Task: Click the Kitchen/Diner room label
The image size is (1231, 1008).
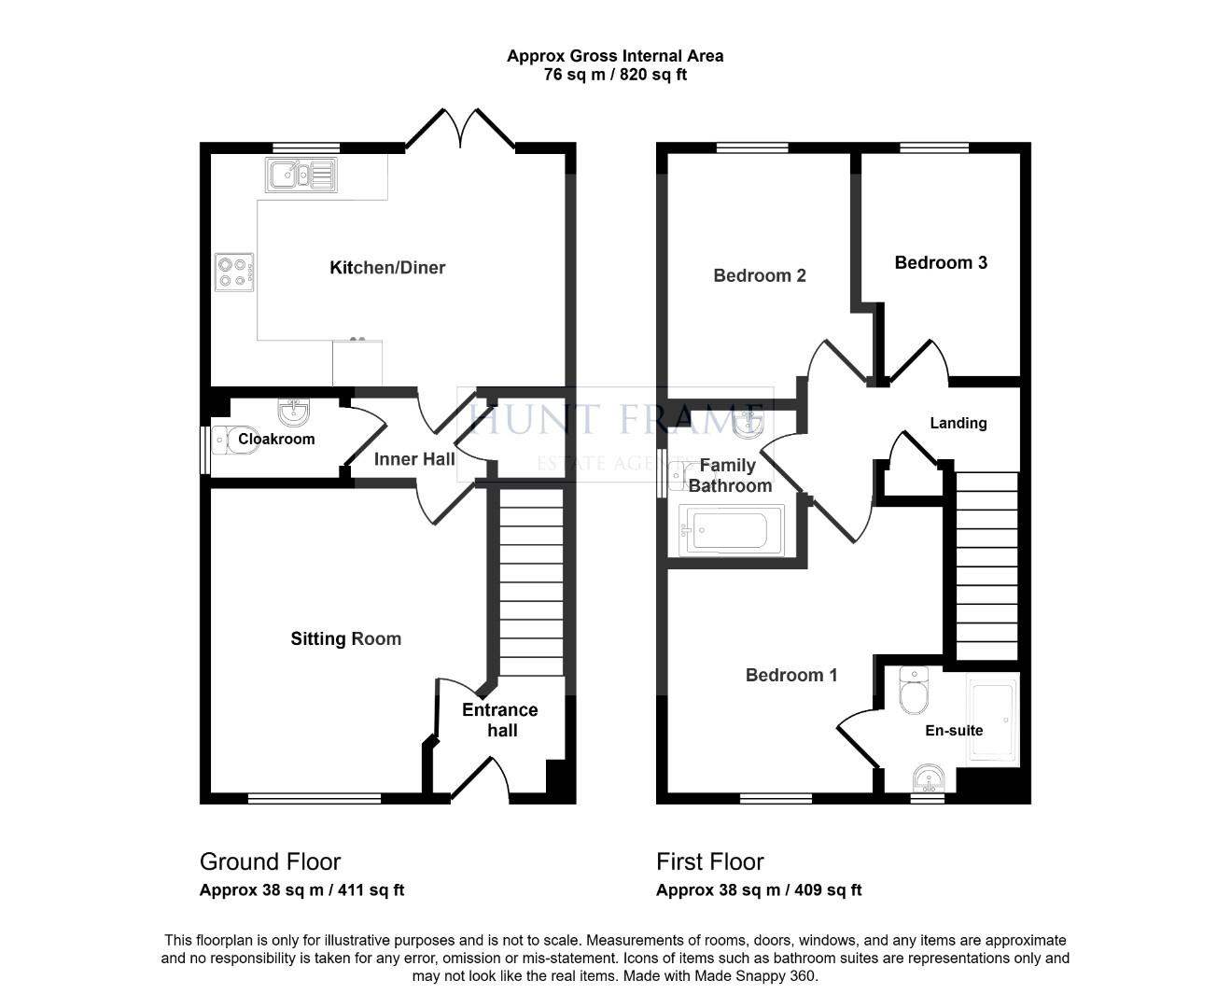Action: [387, 268]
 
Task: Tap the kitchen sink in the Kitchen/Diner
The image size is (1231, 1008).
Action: [301, 175]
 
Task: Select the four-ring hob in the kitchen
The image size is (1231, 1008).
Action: [234, 272]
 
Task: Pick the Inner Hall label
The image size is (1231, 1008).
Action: [414, 459]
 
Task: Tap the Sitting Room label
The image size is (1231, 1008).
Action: [346, 639]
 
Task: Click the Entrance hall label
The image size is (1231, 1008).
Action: [501, 721]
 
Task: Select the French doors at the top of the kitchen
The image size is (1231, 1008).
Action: [460, 128]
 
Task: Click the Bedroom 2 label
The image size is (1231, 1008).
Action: [760, 275]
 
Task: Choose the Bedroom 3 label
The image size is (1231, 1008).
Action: [941, 262]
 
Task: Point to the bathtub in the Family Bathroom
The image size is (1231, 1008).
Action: [733, 530]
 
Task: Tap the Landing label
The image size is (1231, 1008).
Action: [958, 423]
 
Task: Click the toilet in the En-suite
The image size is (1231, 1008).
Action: [914, 691]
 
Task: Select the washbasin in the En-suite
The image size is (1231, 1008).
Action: [928, 778]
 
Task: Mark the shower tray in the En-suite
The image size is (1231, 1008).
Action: [992, 719]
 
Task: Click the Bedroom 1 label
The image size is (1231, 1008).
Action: [791, 676]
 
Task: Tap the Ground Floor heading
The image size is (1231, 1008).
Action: [271, 862]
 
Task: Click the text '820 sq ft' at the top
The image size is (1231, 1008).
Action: [653, 75]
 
